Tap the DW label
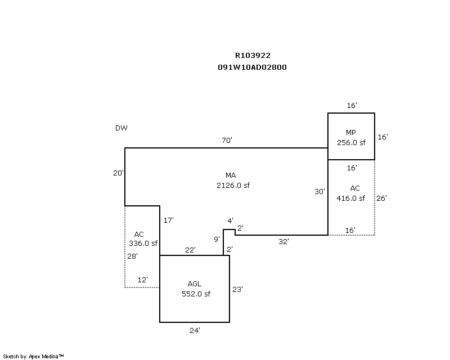point(121,128)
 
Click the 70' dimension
point(227,141)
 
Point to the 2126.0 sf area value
point(232,185)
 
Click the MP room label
point(351,133)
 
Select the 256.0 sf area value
point(351,143)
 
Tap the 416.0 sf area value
point(351,198)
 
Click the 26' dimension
point(382,198)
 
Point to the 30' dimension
point(319,192)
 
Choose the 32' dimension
point(284,242)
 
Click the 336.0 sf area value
point(143,244)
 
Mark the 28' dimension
point(132,256)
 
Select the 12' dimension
point(143,280)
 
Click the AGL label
point(194,284)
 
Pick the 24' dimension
point(195,331)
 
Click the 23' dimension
point(238,290)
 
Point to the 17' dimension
point(168,220)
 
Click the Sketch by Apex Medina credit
point(34,356)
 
